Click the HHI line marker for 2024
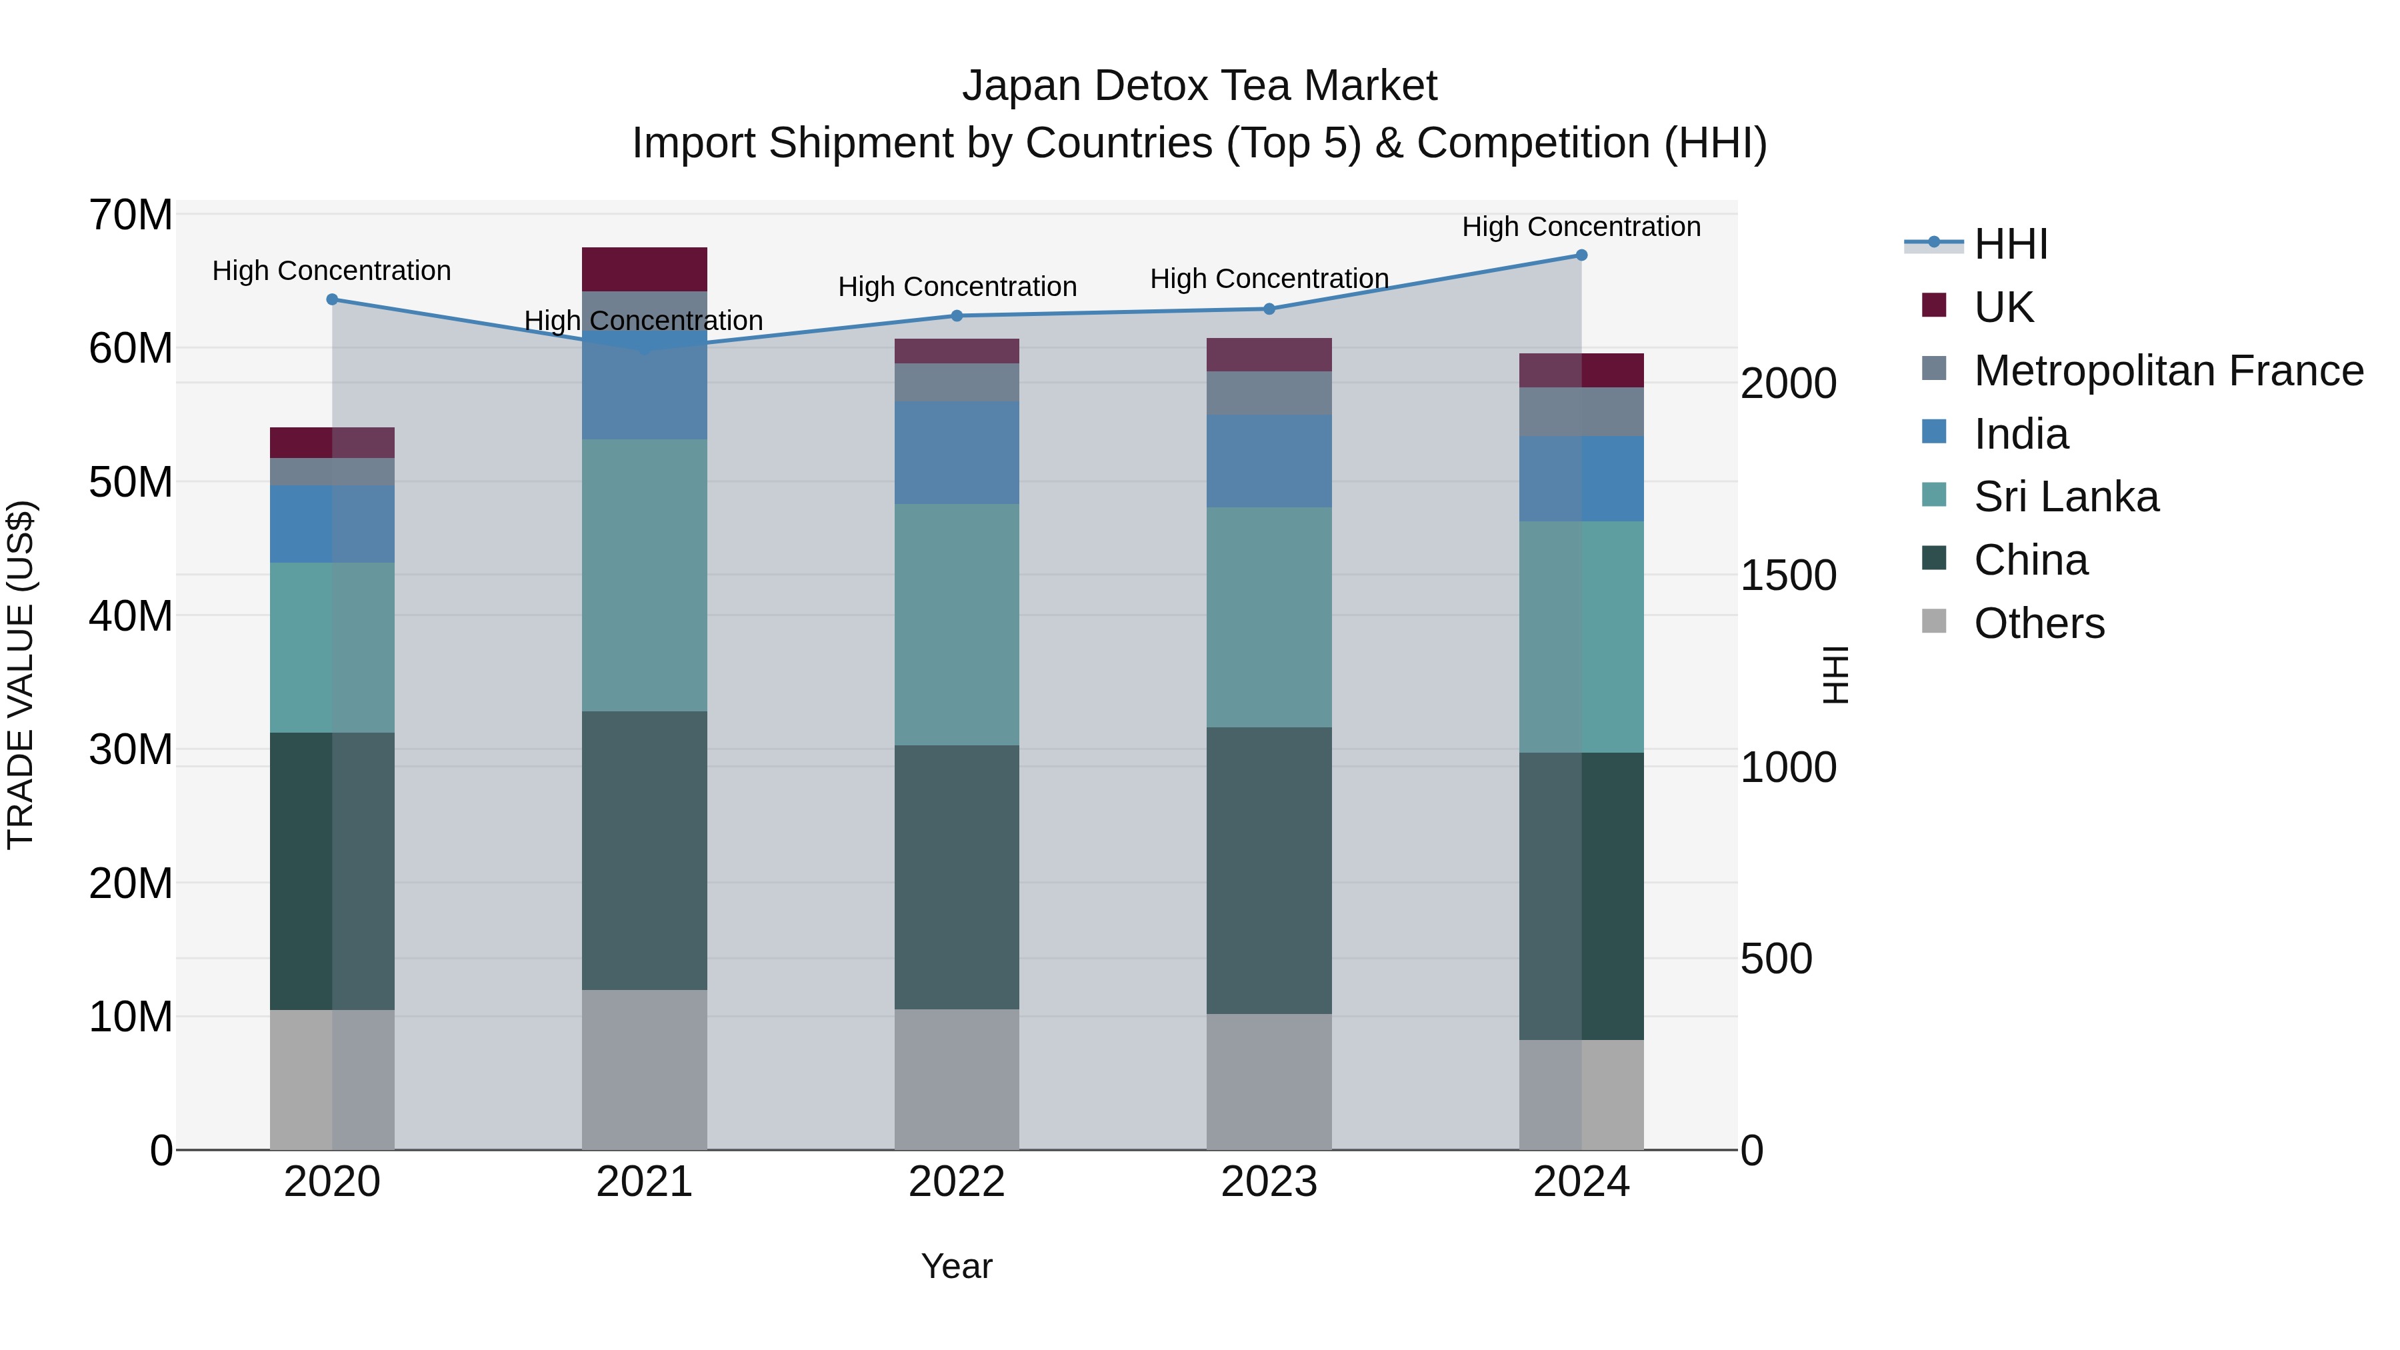(x=1581, y=255)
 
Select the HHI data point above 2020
(x=332, y=299)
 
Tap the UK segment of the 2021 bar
(x=644, y=269)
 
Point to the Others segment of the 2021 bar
(x=644, y=1069)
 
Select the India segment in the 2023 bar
(x=1269, y=461)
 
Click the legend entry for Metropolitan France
(x=2168, y=371)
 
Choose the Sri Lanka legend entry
(x=2065, y=497)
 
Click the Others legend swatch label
(x=2039, y=623)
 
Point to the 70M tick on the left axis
(x=131, y=215)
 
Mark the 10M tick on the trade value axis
(x=131, y=1017)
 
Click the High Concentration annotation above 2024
(x=1581, y=227)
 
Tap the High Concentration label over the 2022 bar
(x=957, y=286)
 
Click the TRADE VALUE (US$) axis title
(x=21, y=675)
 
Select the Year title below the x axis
(x=957, y=1266)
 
